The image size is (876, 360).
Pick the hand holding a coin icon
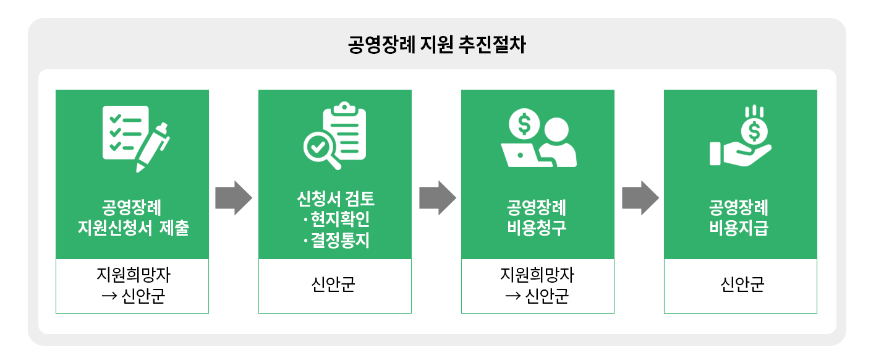coord(741,137)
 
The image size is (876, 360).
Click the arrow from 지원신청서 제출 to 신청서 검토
coord(234,198)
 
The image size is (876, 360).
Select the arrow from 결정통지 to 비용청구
coord(437,198)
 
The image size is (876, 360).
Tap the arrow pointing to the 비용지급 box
coord(640,198)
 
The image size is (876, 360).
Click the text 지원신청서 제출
coord(132,228)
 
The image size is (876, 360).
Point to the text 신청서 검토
coord(335,199)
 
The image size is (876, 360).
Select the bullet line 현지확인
coord(338,220)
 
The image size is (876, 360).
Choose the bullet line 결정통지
coord(338,240)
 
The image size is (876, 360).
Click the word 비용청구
coord(537,228)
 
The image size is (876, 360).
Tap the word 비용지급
coord(740,228)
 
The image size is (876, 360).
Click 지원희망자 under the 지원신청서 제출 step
coord(132,275)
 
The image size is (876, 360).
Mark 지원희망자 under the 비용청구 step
coord(537,275)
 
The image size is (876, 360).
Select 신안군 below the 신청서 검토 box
coord(334,285)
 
